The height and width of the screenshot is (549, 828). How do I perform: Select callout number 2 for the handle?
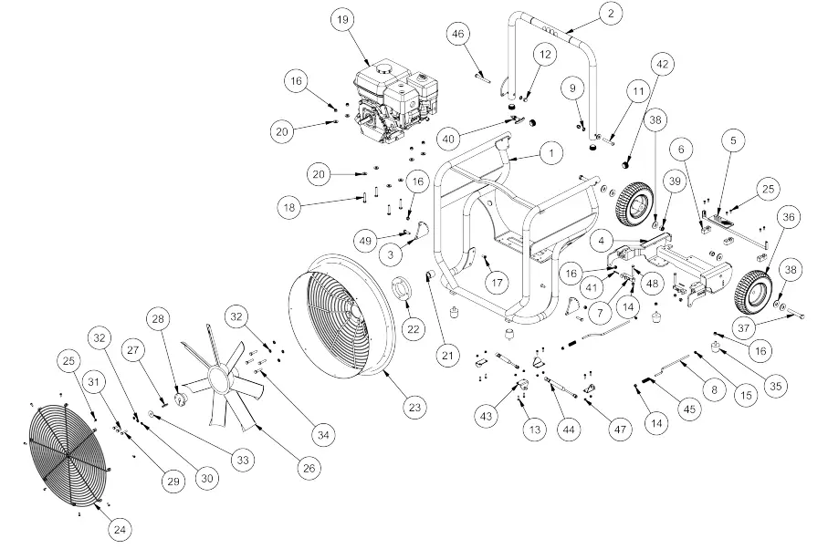tap(610, 13)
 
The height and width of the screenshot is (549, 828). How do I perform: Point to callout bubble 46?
tap(458, 35)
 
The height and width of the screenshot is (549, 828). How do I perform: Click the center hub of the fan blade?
tap(216, 375)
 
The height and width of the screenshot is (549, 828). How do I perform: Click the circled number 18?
tap(290, 208)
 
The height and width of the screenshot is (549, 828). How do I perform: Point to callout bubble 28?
tap(160, 320)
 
